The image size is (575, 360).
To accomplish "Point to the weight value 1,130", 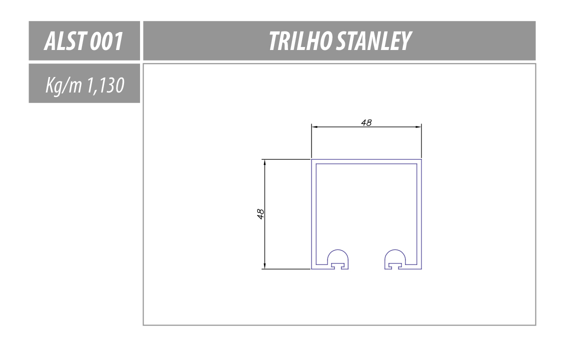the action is (x=105, y=85).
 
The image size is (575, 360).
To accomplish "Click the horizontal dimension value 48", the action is (x=366, y=123).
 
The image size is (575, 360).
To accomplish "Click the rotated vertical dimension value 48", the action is (x=260, y=214).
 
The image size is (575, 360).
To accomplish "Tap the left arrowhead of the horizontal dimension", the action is (x=314, y=127).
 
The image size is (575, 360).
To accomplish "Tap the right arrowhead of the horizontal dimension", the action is (x=418, y=127).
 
